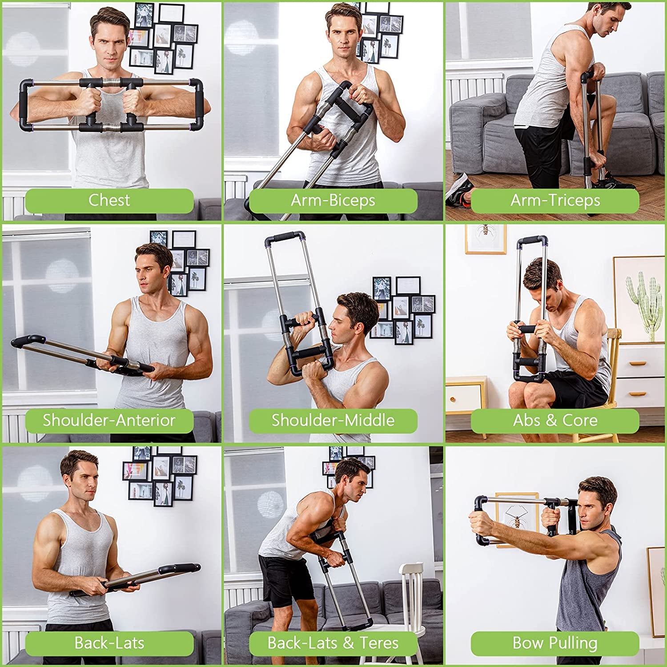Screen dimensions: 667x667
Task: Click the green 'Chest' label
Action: pyautogui.click(x=109, y=201)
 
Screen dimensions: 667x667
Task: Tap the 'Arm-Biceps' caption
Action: pyautogui.click(x=333, y=201)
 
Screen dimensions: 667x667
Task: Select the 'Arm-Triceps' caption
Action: pyautogui.click(x=555, y=201)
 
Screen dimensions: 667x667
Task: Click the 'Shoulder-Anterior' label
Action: pyautogui.click(x=109, y=421)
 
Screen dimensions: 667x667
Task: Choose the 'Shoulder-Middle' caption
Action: pyautogui.click(x=333, y=421)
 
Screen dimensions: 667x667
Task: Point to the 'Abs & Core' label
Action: pyautogui.click(x=555, y=421)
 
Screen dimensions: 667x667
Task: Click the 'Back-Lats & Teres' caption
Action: pyautogui.click(x=333, y=643)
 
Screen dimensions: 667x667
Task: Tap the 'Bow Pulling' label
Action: pyautogui.click(x=555, y=643)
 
